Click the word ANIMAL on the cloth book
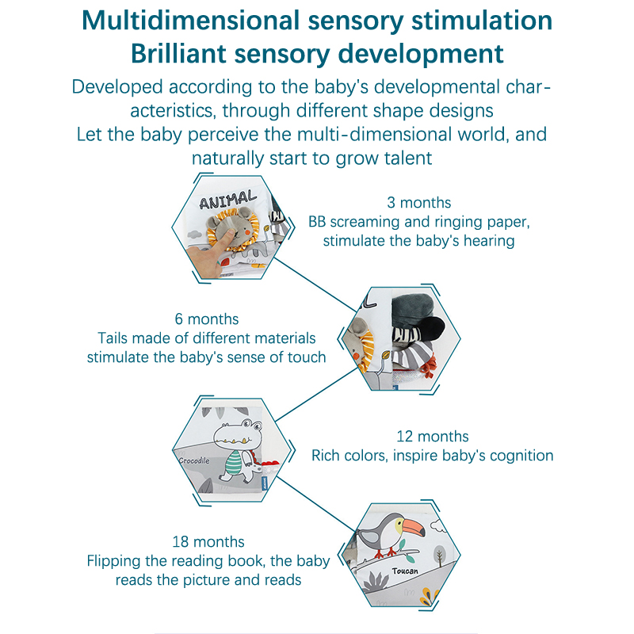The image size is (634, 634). pos(228,199)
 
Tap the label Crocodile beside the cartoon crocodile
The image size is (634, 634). pos(193,459)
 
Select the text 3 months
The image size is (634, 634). pos(418,203)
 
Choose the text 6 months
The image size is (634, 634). pos(206,319)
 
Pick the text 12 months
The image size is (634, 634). pos(432,437)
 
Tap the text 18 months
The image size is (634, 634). pos(208,542)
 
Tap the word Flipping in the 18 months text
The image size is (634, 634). pos(113,562)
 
